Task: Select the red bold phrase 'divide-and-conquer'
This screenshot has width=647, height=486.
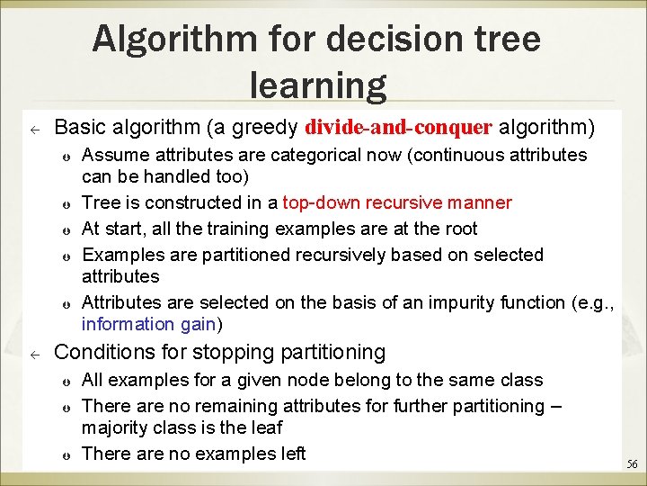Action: pyautogui.click(x=399, y=124)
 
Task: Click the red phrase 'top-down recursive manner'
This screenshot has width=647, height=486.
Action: pyautogui.click(x=397, y=202)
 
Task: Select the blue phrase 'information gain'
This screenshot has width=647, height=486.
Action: pyautogui.click(x=149, y=324)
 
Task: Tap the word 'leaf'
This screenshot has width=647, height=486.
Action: pyautogui.click(x=266, y=427)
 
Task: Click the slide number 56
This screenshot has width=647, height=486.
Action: pyautogui.click(x=632, y=464)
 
